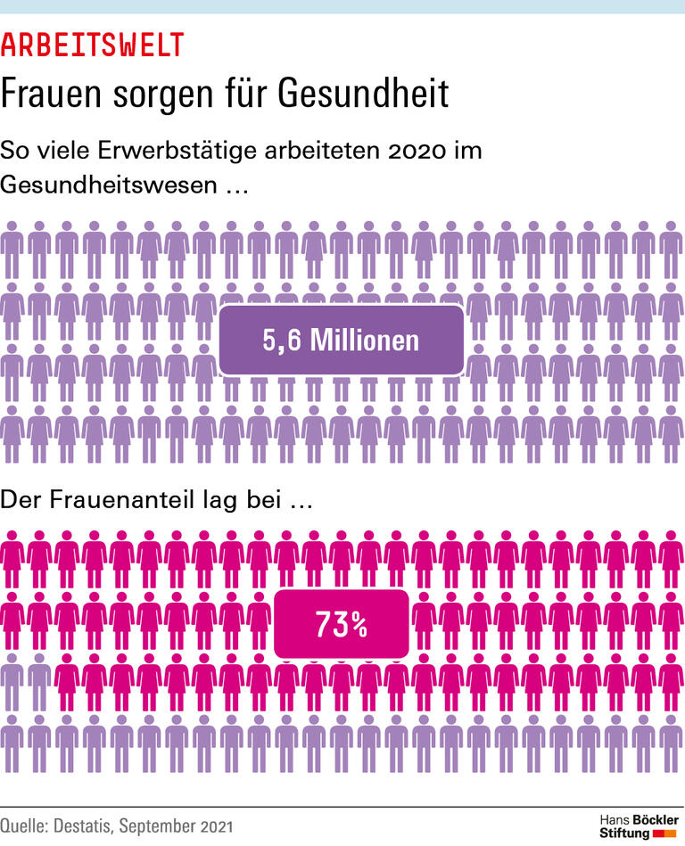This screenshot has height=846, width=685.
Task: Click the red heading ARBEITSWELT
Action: coord(93,45)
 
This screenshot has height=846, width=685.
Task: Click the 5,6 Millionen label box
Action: coord(341,340)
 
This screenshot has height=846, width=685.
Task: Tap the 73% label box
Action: coord(342,625)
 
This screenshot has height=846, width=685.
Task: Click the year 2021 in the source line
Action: coord(217,826)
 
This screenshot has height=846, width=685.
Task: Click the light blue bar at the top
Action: coord(342,6)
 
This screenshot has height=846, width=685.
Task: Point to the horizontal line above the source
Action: coord(342,808)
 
